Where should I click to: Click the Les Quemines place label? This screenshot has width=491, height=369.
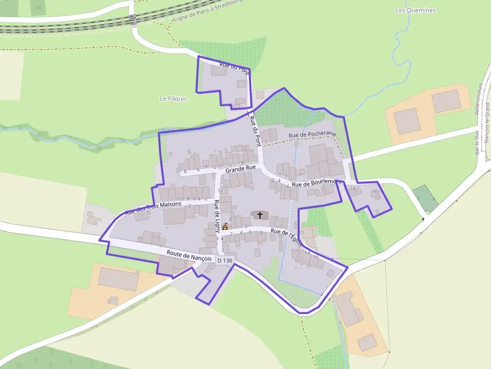[415, 10]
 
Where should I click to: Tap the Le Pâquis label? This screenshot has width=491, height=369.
[173, 99]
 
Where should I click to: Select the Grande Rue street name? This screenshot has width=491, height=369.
[240, 169]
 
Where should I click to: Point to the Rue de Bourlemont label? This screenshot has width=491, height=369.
[316, 183]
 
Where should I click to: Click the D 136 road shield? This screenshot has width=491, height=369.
[225, 261]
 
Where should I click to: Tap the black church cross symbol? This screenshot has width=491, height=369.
[260, 215]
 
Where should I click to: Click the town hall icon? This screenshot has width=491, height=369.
[225, 226]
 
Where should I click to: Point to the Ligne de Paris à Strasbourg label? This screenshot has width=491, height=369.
[207, 11]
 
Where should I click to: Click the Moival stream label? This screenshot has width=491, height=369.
[167, 129]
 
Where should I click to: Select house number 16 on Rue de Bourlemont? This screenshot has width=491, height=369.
[375, 191]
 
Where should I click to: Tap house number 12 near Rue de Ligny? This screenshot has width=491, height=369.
[220, 191]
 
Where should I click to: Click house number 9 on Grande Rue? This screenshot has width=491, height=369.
[242, 163]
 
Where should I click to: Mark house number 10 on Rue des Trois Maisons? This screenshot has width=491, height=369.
[181, 199]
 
